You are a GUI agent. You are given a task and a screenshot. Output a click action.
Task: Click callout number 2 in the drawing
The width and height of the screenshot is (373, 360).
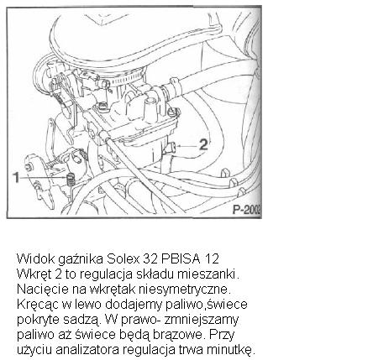(x=202, y=144)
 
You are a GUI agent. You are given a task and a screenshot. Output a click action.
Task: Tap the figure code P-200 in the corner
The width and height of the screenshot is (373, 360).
(x=245, y=208)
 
